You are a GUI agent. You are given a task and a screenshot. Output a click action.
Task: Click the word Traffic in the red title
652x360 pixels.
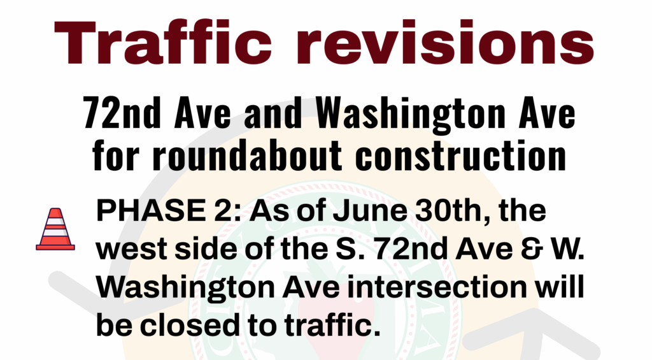163,42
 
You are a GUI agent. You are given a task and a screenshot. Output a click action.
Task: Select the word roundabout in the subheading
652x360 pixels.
248,155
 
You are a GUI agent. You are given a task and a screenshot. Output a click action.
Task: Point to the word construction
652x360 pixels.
461,155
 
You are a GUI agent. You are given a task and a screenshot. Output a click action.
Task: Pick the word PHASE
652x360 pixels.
150,211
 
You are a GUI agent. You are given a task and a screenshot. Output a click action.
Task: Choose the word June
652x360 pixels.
370,211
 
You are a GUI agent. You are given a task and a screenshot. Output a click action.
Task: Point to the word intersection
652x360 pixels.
437,287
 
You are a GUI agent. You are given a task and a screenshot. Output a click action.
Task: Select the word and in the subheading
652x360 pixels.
273,113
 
